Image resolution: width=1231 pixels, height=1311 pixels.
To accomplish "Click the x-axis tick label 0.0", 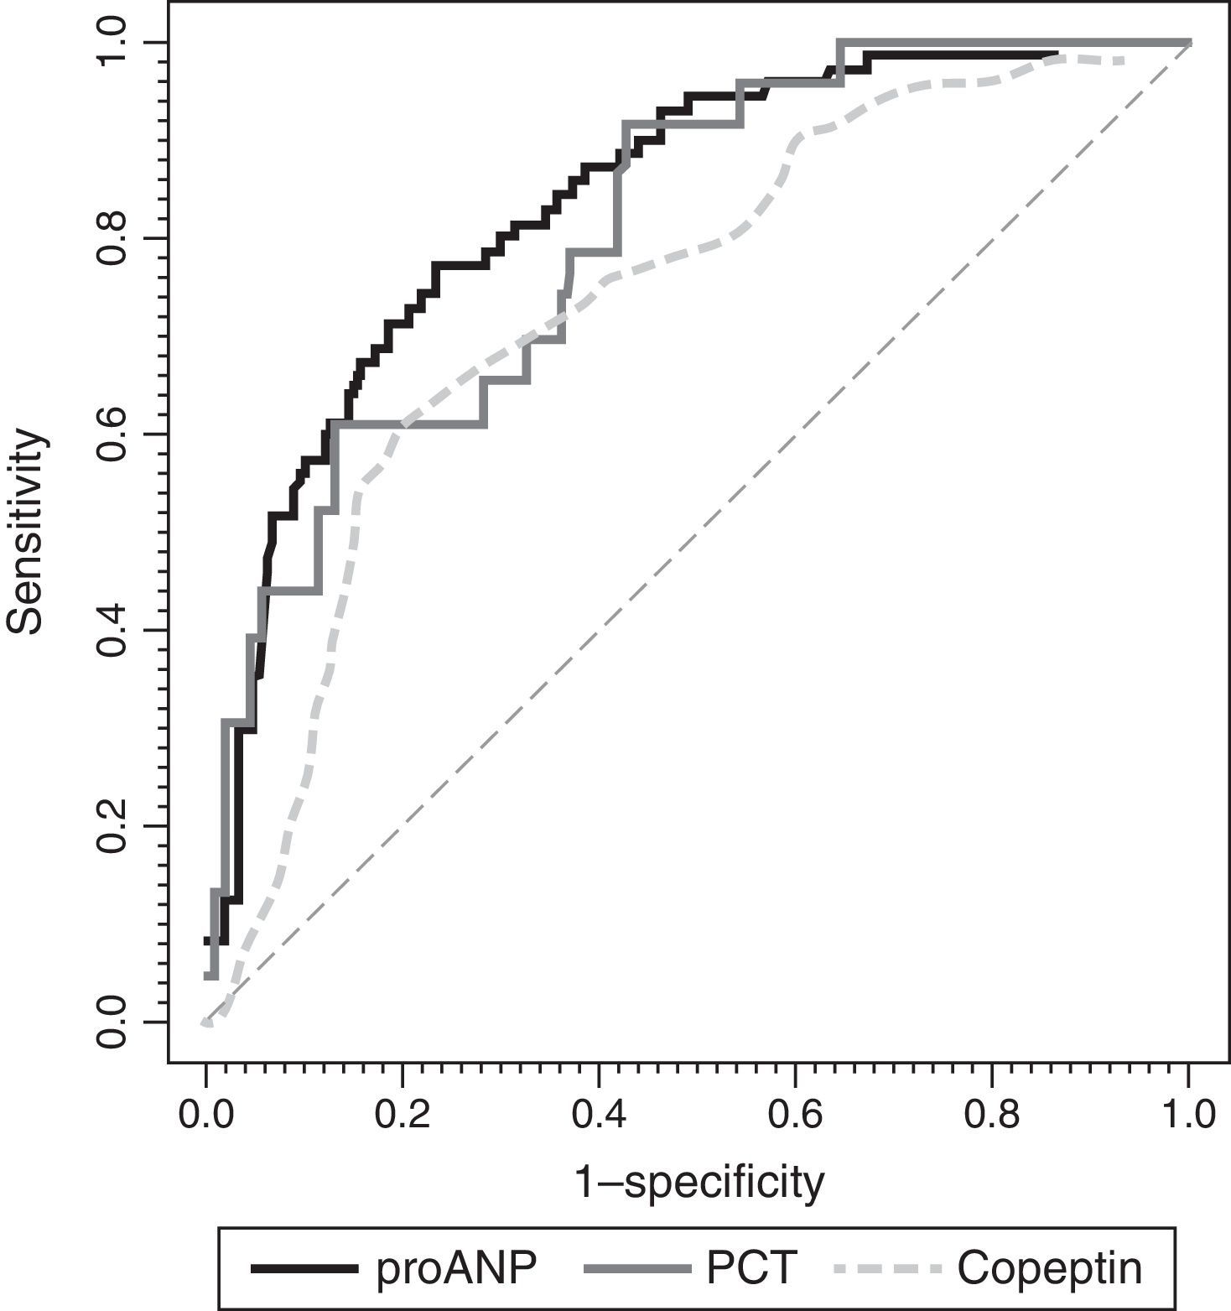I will coord(205,1114).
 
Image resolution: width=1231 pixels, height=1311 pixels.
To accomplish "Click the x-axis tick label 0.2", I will coord(402,1114).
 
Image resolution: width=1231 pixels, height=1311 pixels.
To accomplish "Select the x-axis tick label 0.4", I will coord(599,1114).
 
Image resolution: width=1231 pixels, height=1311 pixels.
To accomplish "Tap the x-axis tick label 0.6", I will coord(795,1114).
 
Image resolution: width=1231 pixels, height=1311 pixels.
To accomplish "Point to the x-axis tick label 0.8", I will coord(991,1114).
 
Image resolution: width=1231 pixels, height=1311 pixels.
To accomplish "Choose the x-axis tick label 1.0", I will coord(1188,1114).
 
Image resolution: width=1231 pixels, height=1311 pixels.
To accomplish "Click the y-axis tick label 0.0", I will coord(111,1022).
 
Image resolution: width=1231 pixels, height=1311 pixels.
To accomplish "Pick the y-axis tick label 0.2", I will coord(111,826).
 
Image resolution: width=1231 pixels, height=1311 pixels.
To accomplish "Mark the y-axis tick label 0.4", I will coord(111,630).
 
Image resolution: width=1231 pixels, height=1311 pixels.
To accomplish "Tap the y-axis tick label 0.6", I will coord(111,434).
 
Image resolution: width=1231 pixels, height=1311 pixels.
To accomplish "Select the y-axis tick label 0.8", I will coord(111,238).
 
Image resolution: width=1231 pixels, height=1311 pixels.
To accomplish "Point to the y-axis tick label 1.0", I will coord(111,42).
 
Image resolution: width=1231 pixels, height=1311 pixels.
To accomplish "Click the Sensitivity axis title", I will coord(25,532).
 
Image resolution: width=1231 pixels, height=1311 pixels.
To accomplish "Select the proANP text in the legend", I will coord(456,1268).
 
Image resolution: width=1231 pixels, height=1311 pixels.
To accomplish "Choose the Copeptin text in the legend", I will coord(1049,1268).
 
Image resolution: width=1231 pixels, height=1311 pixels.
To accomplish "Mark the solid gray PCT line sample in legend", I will coord(634,1269).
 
